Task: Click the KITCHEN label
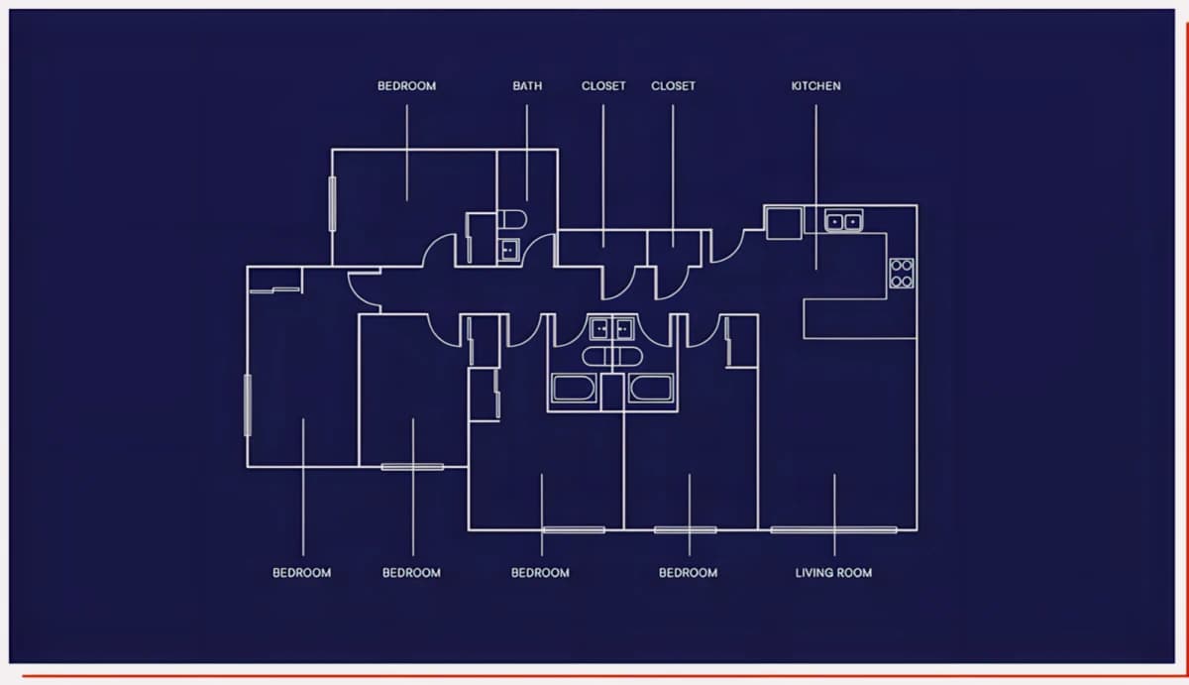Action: (x=815, y=86)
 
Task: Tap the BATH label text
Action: (x=527, y=86)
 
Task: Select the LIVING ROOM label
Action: (x=833, y=573)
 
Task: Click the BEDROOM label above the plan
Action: (x=406, y=86)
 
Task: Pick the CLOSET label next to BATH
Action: (x=603, y=86)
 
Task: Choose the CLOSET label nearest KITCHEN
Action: (x=673, y=86)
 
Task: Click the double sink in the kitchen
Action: (x=843, y=221)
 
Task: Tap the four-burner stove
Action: (x=902, y=274)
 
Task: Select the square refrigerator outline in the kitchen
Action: (x=784, y=224)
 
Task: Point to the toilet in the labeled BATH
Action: (x=512, y=219)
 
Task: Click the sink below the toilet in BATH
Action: (x=508, y=250)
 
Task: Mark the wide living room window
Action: (x=833, y=530)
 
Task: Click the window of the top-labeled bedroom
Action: (x=332, y=204)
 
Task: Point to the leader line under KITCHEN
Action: (x=815, y=187)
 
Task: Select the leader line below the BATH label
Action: (x=526, y=153)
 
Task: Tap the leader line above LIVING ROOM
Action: (x=834, y=514)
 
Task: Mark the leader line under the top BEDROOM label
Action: (x=407, y=153)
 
